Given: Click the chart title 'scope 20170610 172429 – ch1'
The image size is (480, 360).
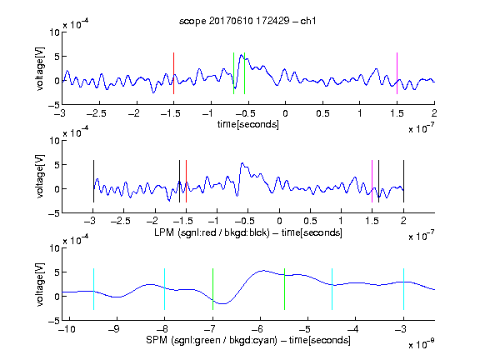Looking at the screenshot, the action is point(247,21).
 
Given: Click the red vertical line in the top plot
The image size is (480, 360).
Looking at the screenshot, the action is point(173,73).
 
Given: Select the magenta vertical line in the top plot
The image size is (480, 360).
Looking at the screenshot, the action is point(397,73).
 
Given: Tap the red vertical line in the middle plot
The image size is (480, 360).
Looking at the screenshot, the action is point(186,181).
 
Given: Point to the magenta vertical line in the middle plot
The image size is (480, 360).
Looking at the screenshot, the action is point(372,181).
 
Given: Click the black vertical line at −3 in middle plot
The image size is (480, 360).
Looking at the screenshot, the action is point(93,181).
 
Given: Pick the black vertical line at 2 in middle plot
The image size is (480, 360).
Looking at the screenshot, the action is point(403,181).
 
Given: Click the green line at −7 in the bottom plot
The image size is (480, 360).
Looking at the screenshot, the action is point(212,289).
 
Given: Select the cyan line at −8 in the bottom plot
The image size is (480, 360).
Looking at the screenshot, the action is point(164,289).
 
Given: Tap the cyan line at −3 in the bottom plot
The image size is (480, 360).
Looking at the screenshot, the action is point(403,289).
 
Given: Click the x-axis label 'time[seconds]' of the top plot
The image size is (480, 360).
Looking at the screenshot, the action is point(248,124).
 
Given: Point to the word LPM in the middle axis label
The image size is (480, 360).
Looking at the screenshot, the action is point(164,232).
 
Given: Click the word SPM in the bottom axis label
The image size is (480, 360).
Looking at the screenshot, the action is point(157,340).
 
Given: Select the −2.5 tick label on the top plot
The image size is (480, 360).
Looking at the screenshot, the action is point(97,113).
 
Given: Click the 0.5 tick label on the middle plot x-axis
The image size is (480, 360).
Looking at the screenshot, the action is point(310,221).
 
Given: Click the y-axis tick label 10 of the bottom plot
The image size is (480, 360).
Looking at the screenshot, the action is point(55,248).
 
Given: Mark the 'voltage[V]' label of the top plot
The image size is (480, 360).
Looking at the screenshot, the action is point(40,68).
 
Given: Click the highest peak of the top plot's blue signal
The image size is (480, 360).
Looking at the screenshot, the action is point(242,55).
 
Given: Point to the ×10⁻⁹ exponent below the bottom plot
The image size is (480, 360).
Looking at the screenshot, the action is point(421,344).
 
